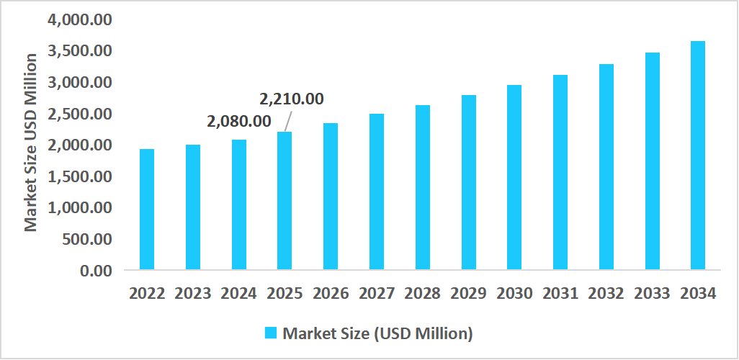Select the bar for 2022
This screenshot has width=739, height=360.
click(147, 210)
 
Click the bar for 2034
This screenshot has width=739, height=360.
click(698, 156)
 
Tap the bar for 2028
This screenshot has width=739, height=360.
click(422, 187)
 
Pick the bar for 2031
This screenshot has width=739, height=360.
click(560, 172)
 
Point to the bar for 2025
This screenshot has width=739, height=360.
click(285, 201)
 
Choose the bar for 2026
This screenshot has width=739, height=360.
click(331, 197)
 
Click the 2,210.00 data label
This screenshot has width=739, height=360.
click(291, 99)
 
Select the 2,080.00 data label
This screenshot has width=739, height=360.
click(239, 122)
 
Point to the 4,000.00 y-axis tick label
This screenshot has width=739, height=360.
click(79, 19)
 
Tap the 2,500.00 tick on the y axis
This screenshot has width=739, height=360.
click(79, 114)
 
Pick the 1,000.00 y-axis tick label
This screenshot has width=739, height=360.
click(79, 207)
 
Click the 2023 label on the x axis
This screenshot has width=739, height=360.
click(193, 294)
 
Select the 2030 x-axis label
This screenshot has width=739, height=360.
click(514, 294)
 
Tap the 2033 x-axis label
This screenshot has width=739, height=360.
click(652, 294)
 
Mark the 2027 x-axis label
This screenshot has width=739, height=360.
click(377, 294)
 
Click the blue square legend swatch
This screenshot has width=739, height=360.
click(271, 333)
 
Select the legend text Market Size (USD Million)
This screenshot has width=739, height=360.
click(377, 333)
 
